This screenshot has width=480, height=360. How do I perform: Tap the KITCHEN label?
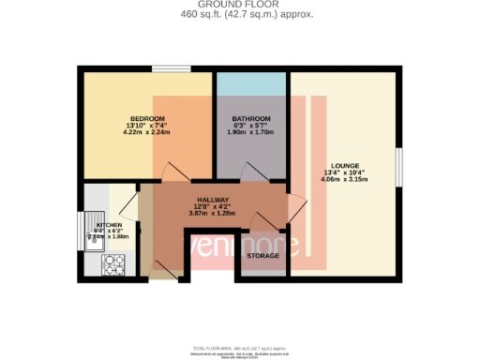point(109,226)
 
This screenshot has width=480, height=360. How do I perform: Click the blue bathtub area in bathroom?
point(250,83)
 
